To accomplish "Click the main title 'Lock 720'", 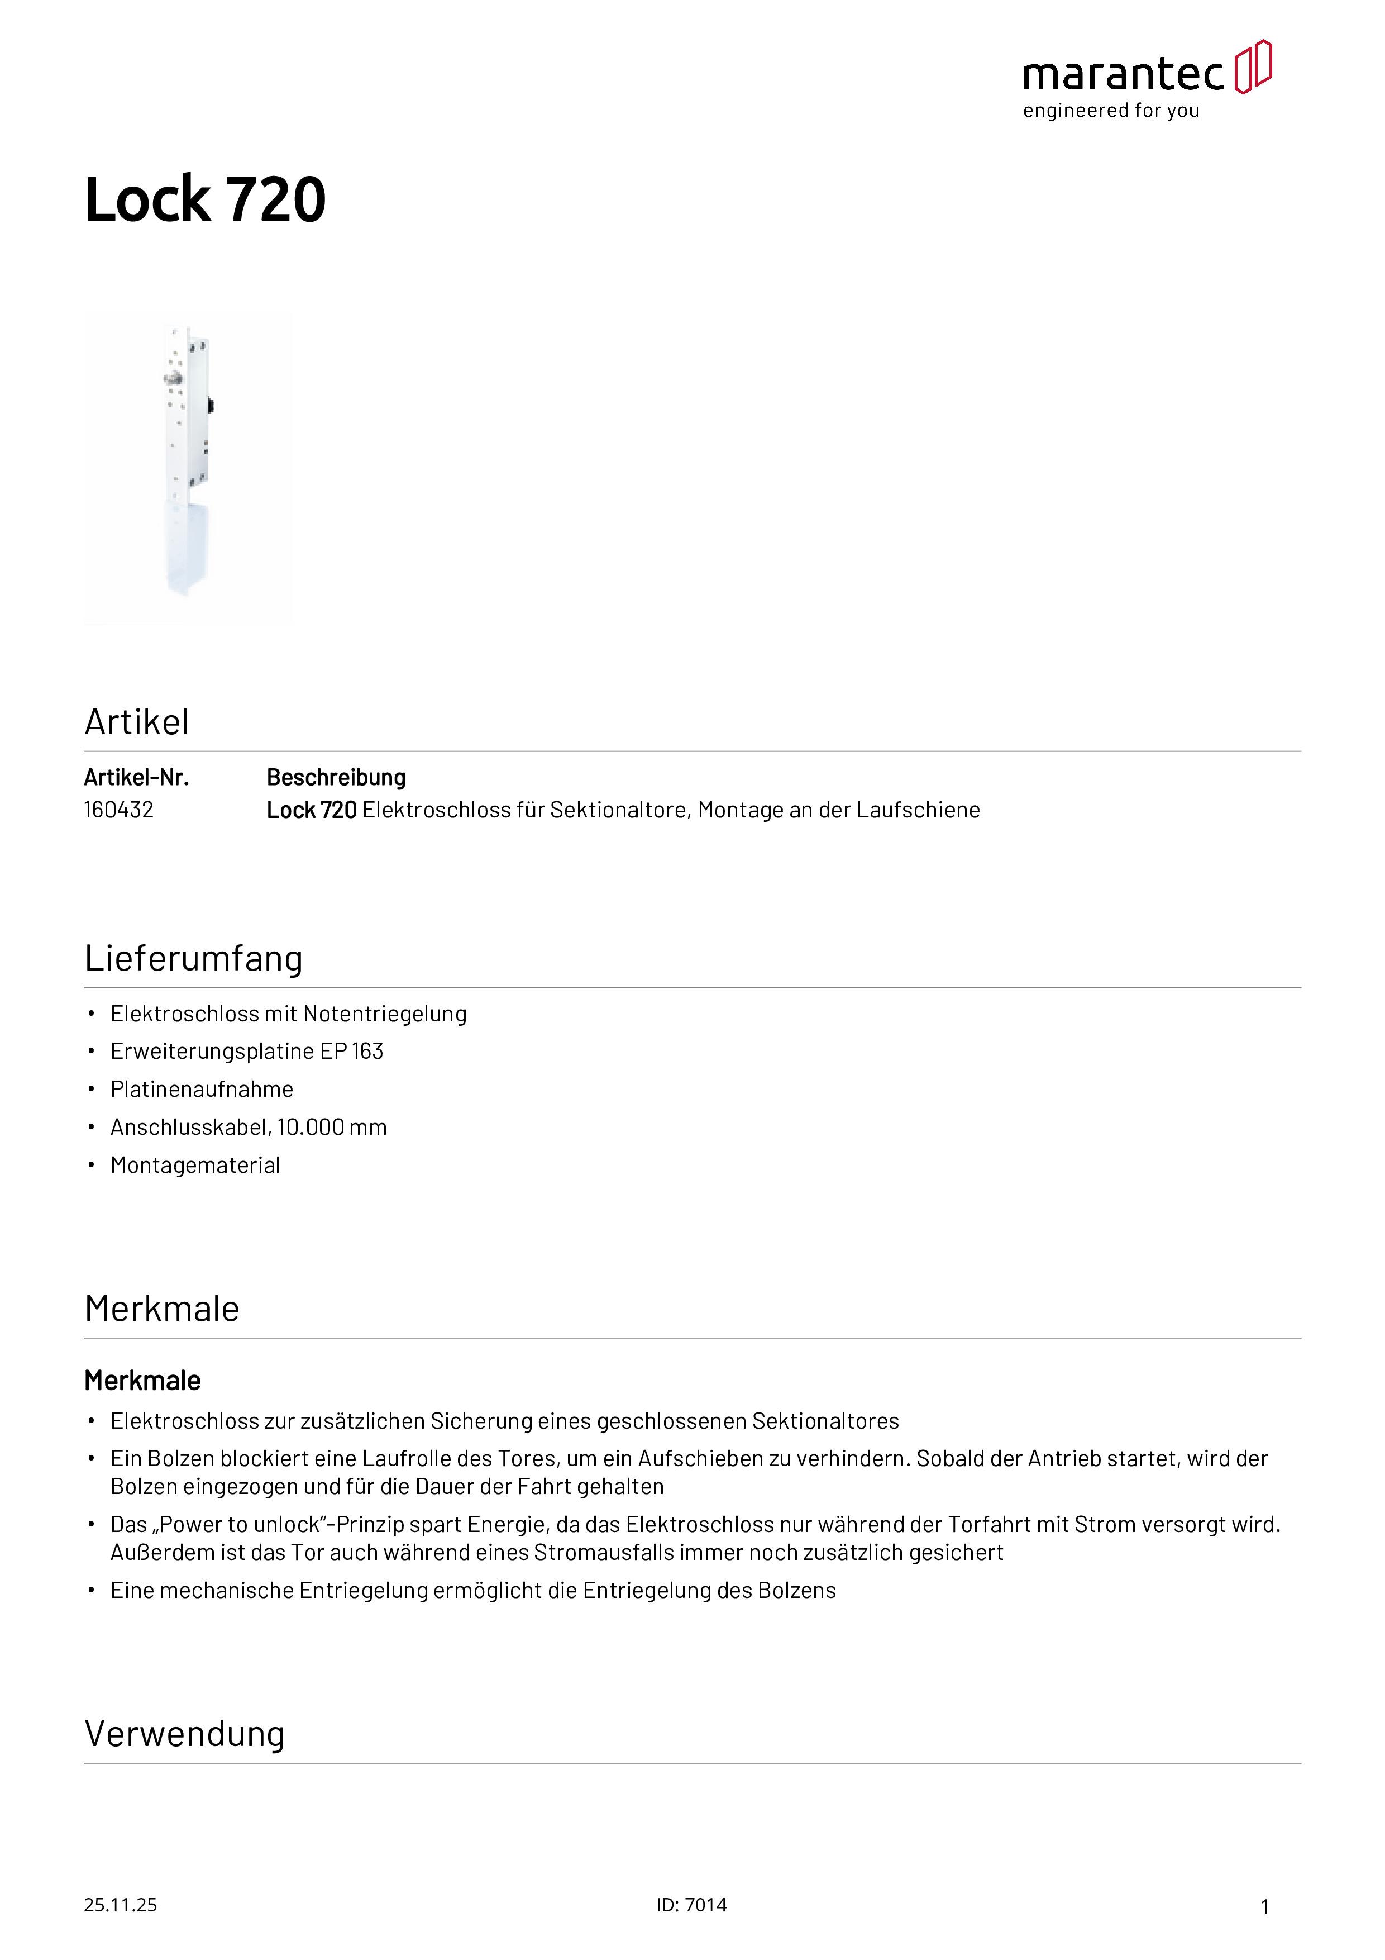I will click(205, 200).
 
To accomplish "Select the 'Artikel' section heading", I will click(136, 722).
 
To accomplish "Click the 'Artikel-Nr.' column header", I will click(136, 778).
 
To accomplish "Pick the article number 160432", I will click(118, 810).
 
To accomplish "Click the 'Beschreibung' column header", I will click(336, 778).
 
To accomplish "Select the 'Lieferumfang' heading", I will click(194, 959).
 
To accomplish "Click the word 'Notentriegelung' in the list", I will click(385, 1014).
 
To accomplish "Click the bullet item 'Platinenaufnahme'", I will click(202, 1090).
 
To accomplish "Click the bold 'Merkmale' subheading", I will click(142, 1381).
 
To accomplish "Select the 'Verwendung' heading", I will click(184, 1735).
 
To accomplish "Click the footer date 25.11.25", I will click(120, 1905).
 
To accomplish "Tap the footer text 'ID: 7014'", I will click(691, 1905).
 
